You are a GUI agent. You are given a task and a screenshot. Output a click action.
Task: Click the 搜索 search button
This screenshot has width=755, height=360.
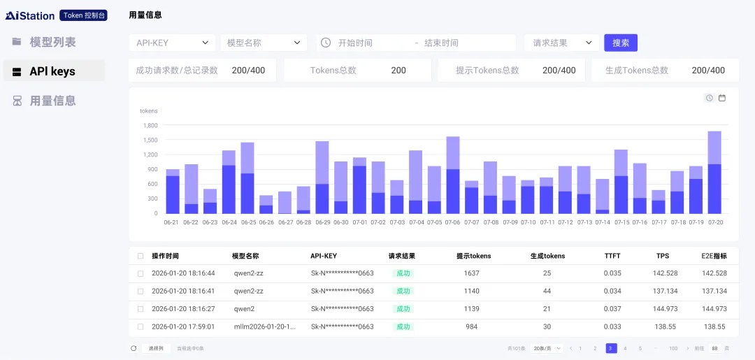[620, 43]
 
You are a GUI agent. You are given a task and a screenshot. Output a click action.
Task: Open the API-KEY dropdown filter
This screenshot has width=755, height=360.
[172, 43]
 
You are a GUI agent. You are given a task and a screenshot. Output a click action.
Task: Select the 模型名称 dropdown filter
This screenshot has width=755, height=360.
[263, 43]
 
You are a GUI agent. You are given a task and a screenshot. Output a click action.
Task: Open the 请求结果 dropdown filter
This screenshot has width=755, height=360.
[562, 43]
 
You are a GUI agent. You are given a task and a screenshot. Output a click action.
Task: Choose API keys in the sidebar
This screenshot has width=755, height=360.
[52, 71]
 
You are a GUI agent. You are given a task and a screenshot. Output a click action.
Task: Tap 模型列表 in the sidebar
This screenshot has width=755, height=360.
[52, 42]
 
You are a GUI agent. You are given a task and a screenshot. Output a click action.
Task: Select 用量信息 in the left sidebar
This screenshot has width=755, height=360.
[52, 101]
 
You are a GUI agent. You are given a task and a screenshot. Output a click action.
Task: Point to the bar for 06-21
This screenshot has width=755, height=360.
[173, 192]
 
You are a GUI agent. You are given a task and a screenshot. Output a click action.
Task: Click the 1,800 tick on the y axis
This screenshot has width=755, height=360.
[150, 126]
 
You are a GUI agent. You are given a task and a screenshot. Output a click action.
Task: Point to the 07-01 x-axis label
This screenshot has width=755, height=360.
[360, 222]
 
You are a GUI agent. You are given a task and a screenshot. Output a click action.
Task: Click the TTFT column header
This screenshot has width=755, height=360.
[612, 256]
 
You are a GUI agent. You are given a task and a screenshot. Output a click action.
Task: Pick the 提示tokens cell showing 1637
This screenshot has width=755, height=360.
[472, 273]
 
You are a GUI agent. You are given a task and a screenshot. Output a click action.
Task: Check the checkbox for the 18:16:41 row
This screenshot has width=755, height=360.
[141, 291]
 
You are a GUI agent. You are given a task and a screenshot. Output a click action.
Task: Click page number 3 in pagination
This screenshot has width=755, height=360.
[611, 348]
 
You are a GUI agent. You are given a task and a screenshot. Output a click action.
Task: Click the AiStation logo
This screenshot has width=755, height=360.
[30, 15]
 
